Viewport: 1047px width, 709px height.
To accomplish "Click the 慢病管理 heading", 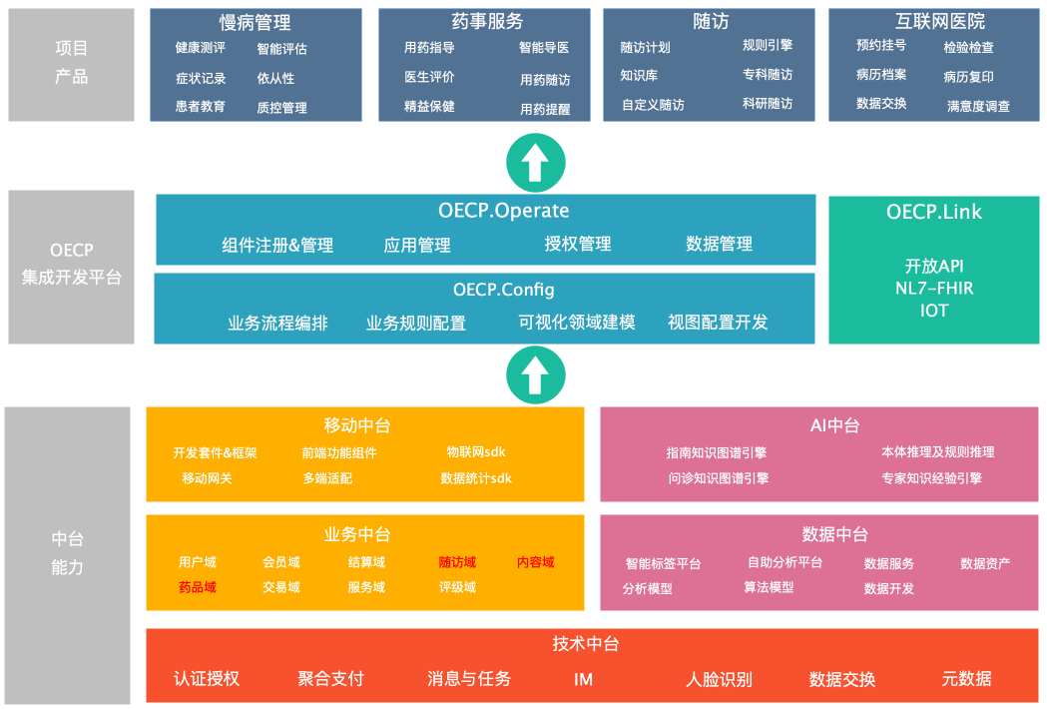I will [x=256, y=23].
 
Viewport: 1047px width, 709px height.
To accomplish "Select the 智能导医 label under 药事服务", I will [x=544, y=48].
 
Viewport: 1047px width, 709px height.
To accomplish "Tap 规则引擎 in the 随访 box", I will [x=768, y=45].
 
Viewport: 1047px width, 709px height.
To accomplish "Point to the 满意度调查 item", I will [x=978, y=106].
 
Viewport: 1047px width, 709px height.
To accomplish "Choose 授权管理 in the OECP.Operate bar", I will [x=578, y=244].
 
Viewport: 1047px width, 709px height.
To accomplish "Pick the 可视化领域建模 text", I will [x=577, y=323].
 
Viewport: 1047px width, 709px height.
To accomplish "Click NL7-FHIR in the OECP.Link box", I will [x=934, y=289].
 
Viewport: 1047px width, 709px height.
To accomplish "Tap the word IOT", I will [x=934, y=311].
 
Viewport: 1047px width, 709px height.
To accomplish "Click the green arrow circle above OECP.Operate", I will [x=536, y=163].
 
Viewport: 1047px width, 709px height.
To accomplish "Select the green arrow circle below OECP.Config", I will [x=536, y=374].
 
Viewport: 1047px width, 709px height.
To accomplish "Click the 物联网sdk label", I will [x=476, y=452].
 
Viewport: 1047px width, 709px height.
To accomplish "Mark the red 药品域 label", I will [x=198, y=587].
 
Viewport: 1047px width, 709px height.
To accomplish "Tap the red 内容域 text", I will [x=535, y=562].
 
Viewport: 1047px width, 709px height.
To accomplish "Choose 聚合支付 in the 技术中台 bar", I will [x=330, y=679].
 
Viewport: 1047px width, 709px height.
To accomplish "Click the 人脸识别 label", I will [x=719, y=680].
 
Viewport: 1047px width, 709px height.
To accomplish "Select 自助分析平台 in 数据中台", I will [x=785, y=562].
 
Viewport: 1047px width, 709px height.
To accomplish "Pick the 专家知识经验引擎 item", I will [x=931, y=478].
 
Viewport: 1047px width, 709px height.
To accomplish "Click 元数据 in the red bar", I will [x=966, y=679].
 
